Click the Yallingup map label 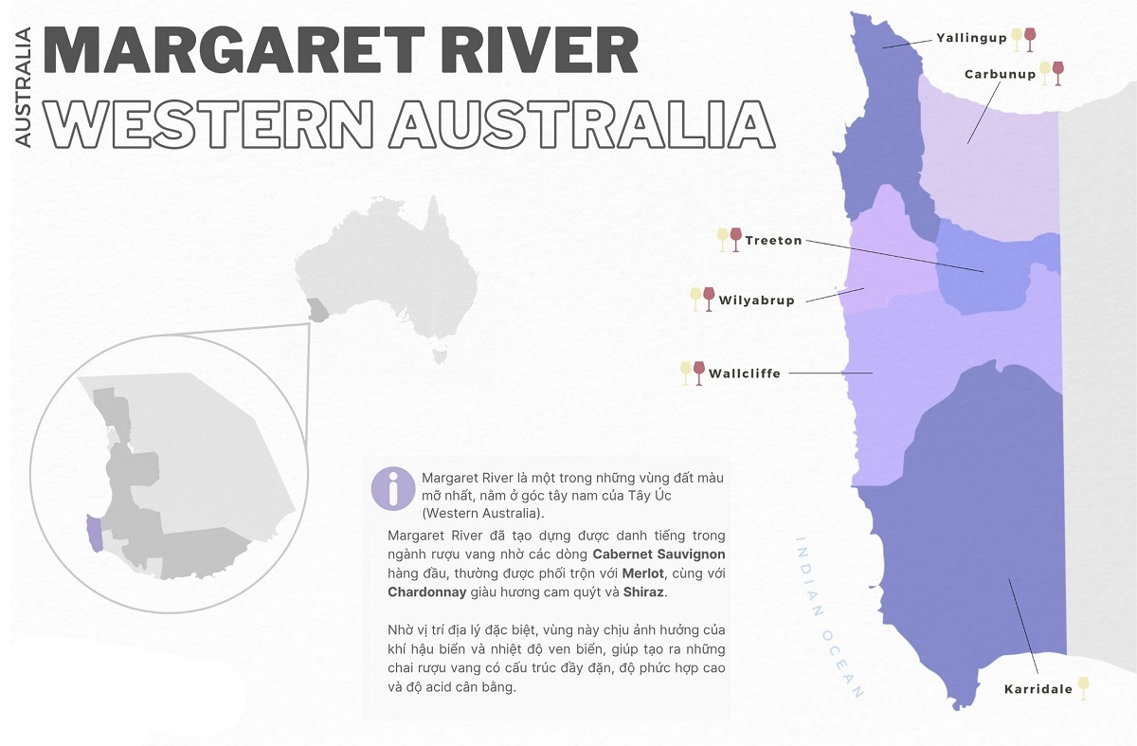tap(971, 39)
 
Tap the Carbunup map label tap(1000, 74)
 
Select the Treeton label tap(773, 241)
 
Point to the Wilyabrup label tap(756, 300)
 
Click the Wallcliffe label tap(745, 373)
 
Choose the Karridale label tap(1038, 689)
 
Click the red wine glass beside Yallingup tap(1030, 39)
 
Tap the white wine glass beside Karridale tap(1083, 688)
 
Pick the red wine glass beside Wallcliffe tap(699, 373)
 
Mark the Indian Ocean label tap(828, 616)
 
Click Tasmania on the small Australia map tap(438, 356)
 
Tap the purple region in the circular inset tap(94, 532)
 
